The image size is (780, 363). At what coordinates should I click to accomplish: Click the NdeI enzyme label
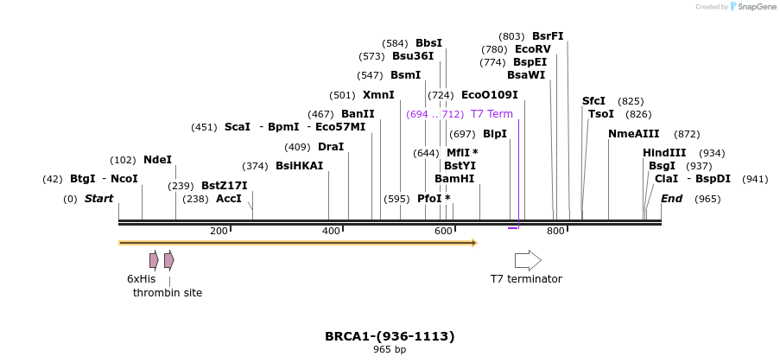157,160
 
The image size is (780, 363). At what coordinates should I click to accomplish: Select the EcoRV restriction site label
532,49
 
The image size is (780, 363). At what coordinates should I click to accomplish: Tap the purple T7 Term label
491,114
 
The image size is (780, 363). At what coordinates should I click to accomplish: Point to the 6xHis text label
141,279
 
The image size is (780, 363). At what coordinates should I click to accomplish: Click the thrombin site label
168,293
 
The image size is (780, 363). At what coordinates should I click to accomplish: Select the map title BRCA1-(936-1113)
390,336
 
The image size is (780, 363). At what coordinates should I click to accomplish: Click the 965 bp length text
390,350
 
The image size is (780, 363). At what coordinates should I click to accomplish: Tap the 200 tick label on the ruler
219,231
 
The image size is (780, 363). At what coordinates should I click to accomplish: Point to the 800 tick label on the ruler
555,231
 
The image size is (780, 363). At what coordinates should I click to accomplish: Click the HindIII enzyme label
664,153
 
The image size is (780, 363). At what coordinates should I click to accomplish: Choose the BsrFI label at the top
548,36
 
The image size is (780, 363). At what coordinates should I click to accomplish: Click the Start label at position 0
98,199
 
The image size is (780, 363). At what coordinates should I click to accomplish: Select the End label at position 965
672,199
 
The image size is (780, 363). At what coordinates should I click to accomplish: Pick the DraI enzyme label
331,147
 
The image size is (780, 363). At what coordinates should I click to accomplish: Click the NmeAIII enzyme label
633,134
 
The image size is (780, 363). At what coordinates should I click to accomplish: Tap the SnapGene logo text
754,7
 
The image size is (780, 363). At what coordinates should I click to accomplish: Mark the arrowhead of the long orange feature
473,243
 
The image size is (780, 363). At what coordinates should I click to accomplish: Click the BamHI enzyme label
454,179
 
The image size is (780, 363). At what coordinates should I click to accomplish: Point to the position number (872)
687,134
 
